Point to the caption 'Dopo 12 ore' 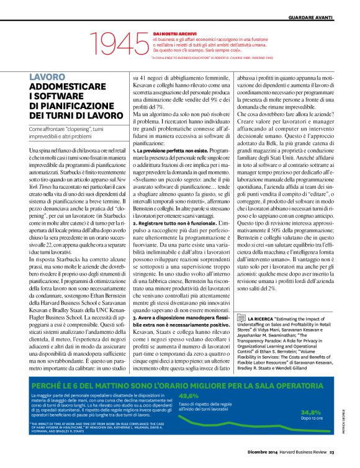[x=312, y=436]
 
